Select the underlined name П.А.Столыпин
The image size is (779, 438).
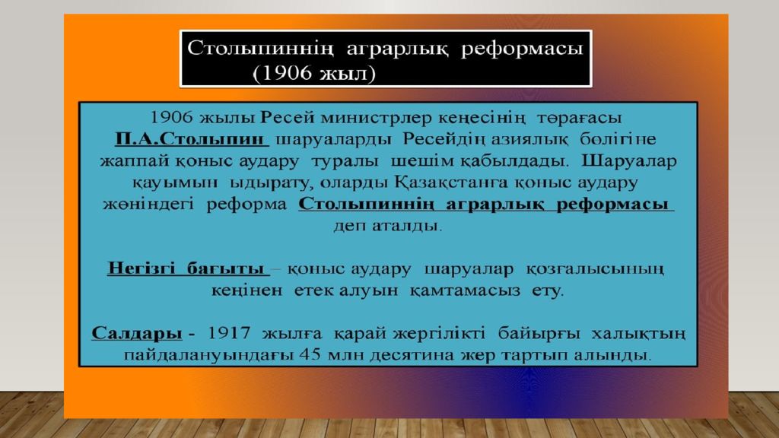192,140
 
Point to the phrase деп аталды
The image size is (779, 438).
386,226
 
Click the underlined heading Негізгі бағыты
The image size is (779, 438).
186,269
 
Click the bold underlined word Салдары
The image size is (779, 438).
137,334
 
